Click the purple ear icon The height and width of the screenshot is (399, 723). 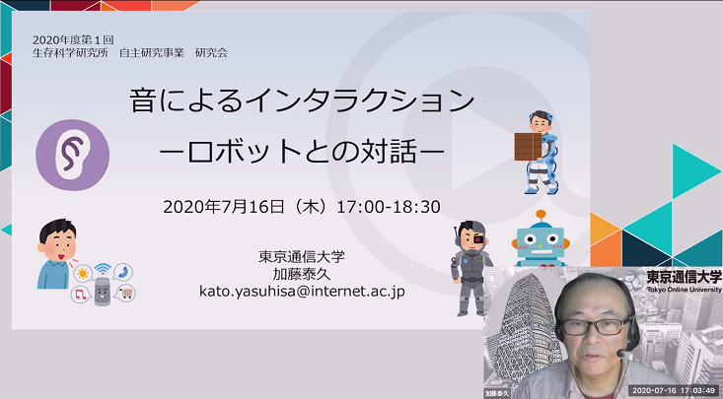[x=72, y=155]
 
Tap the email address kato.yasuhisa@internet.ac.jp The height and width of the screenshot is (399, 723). [x=302, y=292]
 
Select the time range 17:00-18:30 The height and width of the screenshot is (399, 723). [x=389, y=207]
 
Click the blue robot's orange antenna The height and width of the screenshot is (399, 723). [x=541, y=215]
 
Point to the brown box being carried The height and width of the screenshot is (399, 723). [x=528, y=147]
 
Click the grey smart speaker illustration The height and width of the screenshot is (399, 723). [x=103, y=292]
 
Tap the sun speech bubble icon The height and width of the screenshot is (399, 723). [x=83, y=274]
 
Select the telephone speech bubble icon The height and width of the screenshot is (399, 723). [x=122, y=272]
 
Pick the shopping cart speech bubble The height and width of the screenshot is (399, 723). [x=125, y=293]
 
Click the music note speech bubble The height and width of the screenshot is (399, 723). [x=81, y=294]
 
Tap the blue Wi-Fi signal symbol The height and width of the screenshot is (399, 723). [x=103, y=269]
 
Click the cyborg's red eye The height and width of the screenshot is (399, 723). [x=479, y=239]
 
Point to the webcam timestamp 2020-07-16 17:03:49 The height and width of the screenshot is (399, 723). [x=674, y=391]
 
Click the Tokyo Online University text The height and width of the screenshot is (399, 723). [x=684, y=290]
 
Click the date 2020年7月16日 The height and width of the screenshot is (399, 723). [x=224, y=207]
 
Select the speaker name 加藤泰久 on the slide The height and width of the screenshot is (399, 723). [x=302, y=274]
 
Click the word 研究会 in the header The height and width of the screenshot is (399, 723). [x=211, y=52]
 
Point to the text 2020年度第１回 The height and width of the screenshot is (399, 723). [x=73, y=40]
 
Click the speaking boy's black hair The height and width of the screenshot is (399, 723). [x=57, y=229]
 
